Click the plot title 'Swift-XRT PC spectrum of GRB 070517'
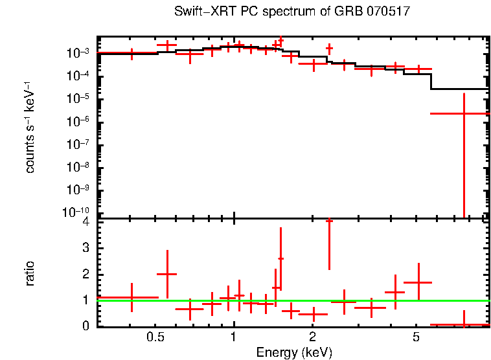[293, 12]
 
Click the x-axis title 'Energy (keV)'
[294, 352]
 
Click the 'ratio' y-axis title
[30, 273]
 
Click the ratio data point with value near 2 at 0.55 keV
[167, 274]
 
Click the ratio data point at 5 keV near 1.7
[418, 282]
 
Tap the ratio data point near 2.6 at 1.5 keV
[280, 258]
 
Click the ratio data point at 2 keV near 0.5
[313, 314]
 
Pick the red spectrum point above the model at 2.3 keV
[329, 48]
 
